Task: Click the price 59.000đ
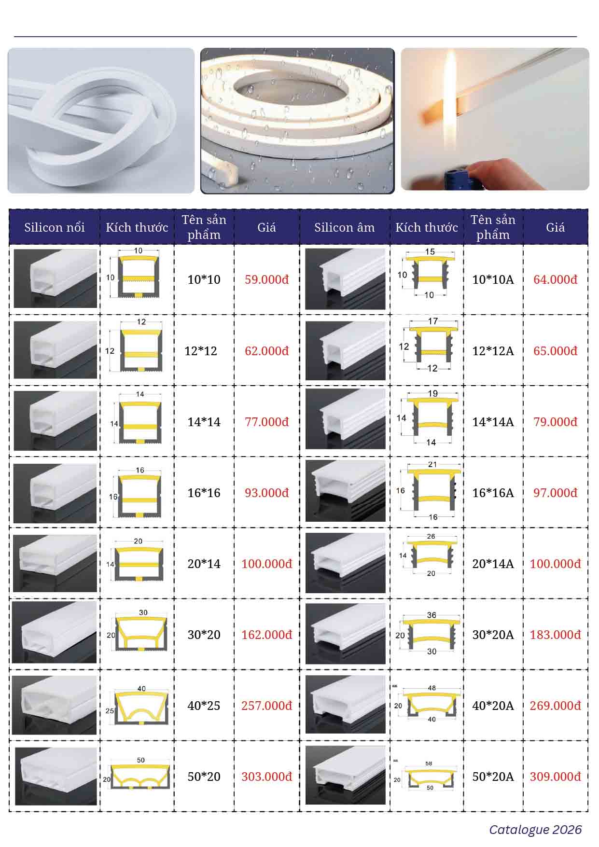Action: coord(266,279)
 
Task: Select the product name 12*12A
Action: coord(493,351)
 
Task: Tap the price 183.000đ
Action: coord(555,635)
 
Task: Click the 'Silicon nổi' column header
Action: coord(55,227)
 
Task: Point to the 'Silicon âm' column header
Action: coord(344,227)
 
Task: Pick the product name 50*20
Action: coord(204,777)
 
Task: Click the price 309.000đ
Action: coord(555,777)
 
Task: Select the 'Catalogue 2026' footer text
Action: coord(535,830)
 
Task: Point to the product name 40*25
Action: coord(204,706)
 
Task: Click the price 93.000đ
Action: coord(266,493)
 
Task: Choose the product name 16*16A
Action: coord(493,493)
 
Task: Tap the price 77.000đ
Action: coord(266,422)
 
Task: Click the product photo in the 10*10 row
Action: coord(56,278)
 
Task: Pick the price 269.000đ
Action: coord(555,706)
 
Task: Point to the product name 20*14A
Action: coord(493,564)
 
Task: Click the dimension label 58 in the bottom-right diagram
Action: coord(429,764)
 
